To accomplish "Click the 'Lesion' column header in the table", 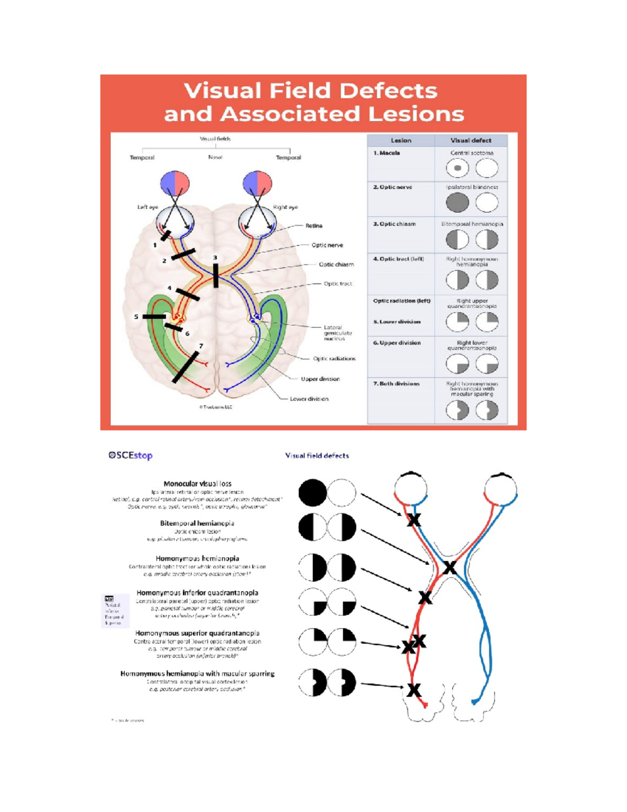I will tap(401, 140).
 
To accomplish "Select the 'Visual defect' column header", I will tap(471, 140).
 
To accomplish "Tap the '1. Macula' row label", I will tap(387, 153).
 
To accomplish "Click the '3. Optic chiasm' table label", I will tap(394, 224).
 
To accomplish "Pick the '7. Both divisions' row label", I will tap(396, 384).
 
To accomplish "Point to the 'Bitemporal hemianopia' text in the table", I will tap(472, 224).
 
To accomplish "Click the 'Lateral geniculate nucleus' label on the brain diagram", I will tap(338, 333).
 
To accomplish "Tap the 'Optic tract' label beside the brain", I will tap(338, 284).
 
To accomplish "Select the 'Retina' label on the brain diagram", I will tap(314, 226).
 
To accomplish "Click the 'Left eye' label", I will tap(147, 207).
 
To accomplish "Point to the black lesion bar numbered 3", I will tap(216, 275).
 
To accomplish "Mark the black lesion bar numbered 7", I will tap(185, 367).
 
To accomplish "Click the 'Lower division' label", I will tap(309, 399).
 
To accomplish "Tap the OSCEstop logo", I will tap(131, 455).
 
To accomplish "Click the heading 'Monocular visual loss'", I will tap(198, 484).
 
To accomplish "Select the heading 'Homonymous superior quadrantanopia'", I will tap(198, 633).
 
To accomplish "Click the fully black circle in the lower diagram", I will tap(312, 493).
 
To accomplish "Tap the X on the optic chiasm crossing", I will tap(449, 567).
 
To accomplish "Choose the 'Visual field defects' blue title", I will tap(317, 456).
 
